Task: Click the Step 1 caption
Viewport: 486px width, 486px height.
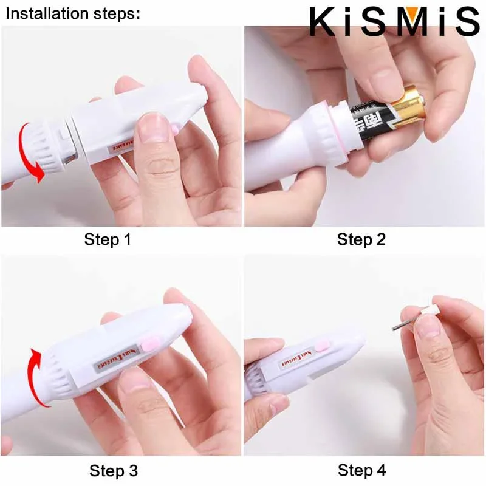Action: pyautogui.click(x=108, y=239)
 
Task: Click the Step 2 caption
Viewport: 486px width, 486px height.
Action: pyautogui.click(x=361, y=239)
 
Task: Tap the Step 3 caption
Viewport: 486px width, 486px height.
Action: pyautogui.click(x=114, y=470)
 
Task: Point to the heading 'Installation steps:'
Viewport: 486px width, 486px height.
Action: pyautogui.click(x=72, y=13)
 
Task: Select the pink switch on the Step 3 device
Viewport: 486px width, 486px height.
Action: pyautogui.click(x=148, y=344)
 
